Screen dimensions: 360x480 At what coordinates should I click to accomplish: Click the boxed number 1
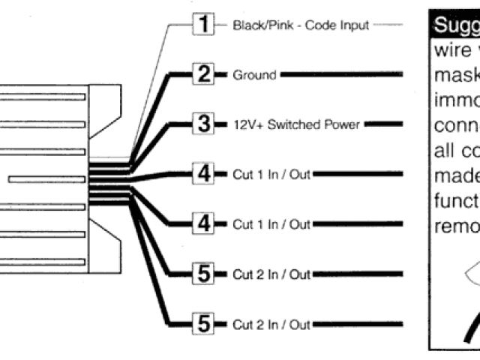pos(202,25)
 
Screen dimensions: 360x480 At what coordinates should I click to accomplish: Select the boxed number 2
pos(202,75)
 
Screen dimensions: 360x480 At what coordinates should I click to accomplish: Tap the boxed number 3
pos(202,124)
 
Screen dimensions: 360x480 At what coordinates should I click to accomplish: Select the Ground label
pos(255,75)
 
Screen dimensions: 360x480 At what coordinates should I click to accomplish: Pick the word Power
pos(343,124)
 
